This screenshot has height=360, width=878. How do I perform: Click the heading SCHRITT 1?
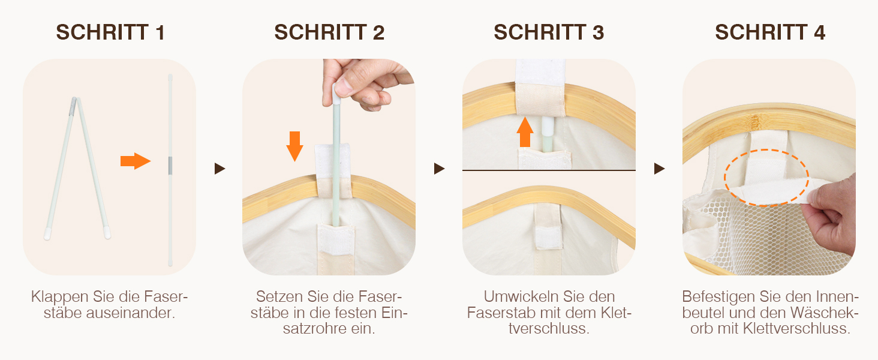[x=110, y=32]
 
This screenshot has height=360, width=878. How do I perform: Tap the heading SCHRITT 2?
[x=329, y=32]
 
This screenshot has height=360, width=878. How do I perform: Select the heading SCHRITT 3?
[x=549, y=32]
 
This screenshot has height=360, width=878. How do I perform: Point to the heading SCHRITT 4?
[x=770, y=32]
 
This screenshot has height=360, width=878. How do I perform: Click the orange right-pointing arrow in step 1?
[x=135, y=161]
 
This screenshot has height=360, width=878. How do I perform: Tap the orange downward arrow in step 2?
[x=294, y=146]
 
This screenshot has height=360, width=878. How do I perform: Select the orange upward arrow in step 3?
[x=525, y=132]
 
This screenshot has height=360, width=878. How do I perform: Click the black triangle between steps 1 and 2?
[x=220, y=169]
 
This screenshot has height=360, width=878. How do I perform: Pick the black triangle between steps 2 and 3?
[x=440, y=169]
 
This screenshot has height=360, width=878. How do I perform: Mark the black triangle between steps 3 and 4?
[x=660, y=169]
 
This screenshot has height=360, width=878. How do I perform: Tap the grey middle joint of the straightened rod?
[x=170, y=165]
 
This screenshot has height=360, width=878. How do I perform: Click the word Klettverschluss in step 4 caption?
[x=796, y=329]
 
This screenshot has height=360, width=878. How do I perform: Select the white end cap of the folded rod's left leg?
[x=47, y=235]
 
